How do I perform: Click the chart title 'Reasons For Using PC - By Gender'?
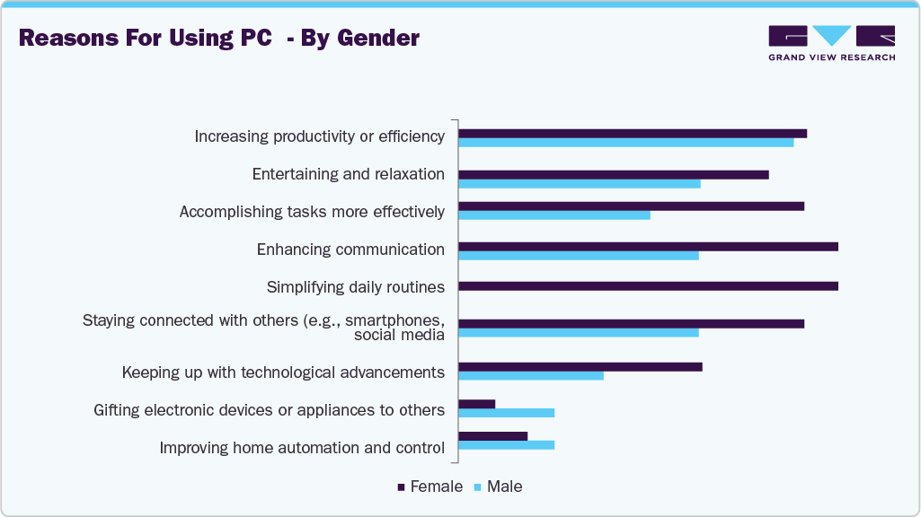tap(219, 39)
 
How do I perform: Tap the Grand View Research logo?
tap(831, 43)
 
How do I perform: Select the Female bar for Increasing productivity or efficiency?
tap(633, 134)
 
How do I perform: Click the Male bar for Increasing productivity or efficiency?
tap(625, 143)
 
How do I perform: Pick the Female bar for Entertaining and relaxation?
tap(614, 174)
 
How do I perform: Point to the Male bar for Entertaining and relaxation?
tap(580, 184)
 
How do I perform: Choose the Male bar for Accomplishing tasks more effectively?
tap(554, 215)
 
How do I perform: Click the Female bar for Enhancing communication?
tap(648, 246)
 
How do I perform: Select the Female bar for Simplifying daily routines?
tap(648, 286)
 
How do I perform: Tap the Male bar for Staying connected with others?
tap(579, 333)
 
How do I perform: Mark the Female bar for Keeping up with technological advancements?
tap(580, 366)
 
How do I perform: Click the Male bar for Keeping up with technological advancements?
tap(531, 375)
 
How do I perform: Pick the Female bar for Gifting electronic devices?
tap(477, 404)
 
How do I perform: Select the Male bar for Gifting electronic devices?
tap(507, 413)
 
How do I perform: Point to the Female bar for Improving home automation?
tap(493, 435)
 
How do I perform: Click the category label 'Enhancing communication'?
tap(350, 250)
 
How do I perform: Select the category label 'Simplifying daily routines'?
tap(356, 287)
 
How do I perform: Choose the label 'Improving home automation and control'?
tap(302, 447)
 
